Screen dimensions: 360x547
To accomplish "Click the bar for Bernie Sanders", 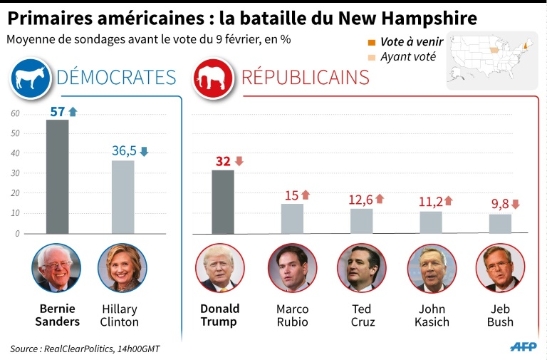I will click(58, 176).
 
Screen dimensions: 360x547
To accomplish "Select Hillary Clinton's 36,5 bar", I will click(123, 197).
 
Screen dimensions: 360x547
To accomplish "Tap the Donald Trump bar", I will click(223, 202).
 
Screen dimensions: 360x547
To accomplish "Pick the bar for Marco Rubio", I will click(292, 219).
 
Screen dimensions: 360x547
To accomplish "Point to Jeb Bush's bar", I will click(500, 224).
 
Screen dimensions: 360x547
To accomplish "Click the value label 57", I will click(57, 111).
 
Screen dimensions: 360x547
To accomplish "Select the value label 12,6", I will click(360, 200).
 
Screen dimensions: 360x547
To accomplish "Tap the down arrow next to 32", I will click(239, 161).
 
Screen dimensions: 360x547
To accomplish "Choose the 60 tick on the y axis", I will click(15, 113).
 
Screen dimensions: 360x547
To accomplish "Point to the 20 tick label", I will click(15, 193).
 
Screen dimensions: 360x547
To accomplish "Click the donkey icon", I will click(31, 78).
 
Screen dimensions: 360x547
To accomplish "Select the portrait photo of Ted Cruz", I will click(361, 269).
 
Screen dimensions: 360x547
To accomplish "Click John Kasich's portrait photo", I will click(432, 269).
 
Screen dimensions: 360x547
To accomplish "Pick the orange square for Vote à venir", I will click(371, 42).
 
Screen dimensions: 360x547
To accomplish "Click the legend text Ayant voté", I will click(408, 56).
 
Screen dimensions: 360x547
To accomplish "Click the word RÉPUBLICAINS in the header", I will click(306, 77).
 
